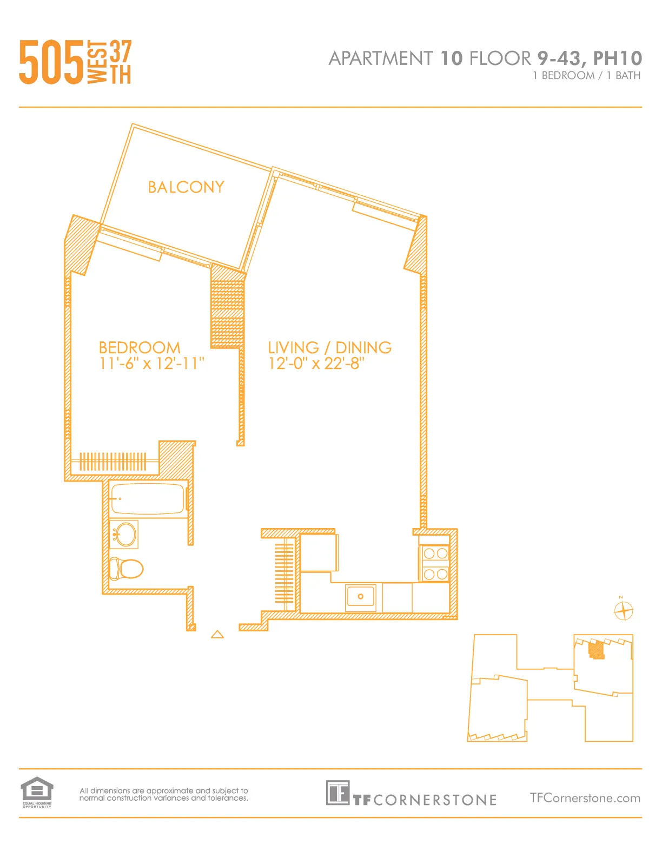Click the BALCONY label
[x=186, y=187]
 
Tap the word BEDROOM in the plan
[x=140, y=347]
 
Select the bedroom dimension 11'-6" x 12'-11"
[x=151, y=364]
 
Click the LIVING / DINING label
[x=329, y=347]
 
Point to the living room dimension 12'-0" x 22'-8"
[x=316, y=364]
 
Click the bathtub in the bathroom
[x=147, y=499]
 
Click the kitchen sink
[x=360, y=597]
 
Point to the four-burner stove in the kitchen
[x=435, y=563]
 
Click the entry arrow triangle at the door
[x=217, y=634]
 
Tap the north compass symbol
[x=624, y=611]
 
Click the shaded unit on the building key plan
[x=596, y=650]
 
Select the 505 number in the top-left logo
[x=52, y=63]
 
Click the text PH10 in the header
[x=617, y=58]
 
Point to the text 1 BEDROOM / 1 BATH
[x=586, y=76]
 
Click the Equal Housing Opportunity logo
[x=37, y=792]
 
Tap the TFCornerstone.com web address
[x=585, y=798]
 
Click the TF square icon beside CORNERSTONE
[x=337, y=793]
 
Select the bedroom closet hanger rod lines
[x=112, y=462]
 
